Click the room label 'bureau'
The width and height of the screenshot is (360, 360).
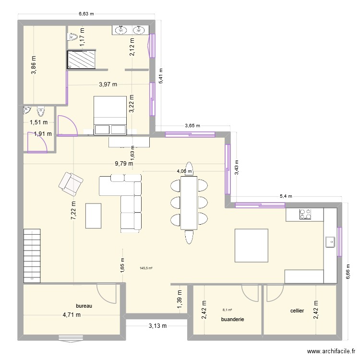click(x=84, y=306)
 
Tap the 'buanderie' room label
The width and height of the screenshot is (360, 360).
click(x=233, y=319)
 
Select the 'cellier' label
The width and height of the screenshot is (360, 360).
click(x=297, y=311)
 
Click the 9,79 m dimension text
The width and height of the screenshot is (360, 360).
click(x=124, y=164)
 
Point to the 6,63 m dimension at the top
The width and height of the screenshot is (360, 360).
click(x=86, y=14)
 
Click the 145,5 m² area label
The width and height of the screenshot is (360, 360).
click(x=146, y=268)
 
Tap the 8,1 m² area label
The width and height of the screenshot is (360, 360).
click(x=228, y=310)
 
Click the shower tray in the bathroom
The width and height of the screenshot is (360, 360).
click(x=81, y=60)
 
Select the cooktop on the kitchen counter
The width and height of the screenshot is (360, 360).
click(x=305, y=214)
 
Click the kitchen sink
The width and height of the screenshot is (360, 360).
click(x=330, y=242)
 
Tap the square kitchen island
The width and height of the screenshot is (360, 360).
click(x=252, y=245)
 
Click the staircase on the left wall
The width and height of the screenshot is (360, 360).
click(x=32, y=256)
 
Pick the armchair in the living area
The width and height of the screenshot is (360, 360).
click(x=71, y=184)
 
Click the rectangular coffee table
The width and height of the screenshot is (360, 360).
click(x=94, y=216)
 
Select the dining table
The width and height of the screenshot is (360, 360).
click(x=189, y=203)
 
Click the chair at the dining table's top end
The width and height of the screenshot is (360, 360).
click(x=189, y=169)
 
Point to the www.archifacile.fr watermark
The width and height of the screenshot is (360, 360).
click(x=331, y=351)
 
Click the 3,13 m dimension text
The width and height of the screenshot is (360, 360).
click(x=158, y=325)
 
